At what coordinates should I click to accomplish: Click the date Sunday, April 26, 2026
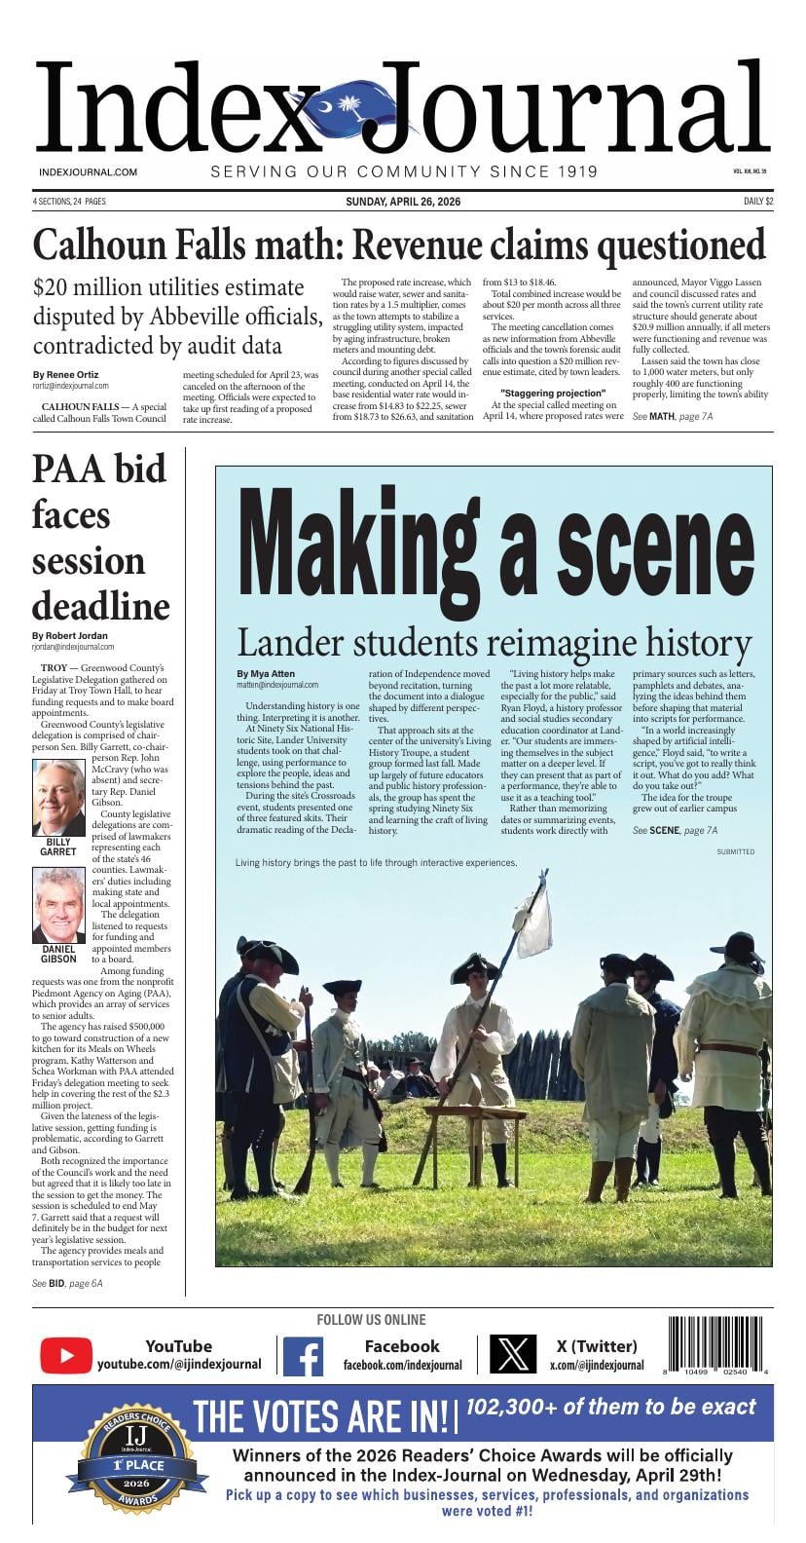coord(403,202)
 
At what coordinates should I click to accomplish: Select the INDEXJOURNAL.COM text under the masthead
coord(88,172)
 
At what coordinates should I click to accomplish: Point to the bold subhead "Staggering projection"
coord(552,394)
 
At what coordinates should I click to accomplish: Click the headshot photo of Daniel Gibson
coord(59,906)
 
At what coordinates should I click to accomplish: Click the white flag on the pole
coord(532,922)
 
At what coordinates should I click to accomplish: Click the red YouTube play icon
coord(66,1355)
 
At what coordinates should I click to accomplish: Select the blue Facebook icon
coord(303,1355)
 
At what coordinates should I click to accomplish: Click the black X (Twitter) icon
coord(512,1355)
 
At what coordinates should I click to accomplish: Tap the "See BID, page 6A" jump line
coord(67,1283)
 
